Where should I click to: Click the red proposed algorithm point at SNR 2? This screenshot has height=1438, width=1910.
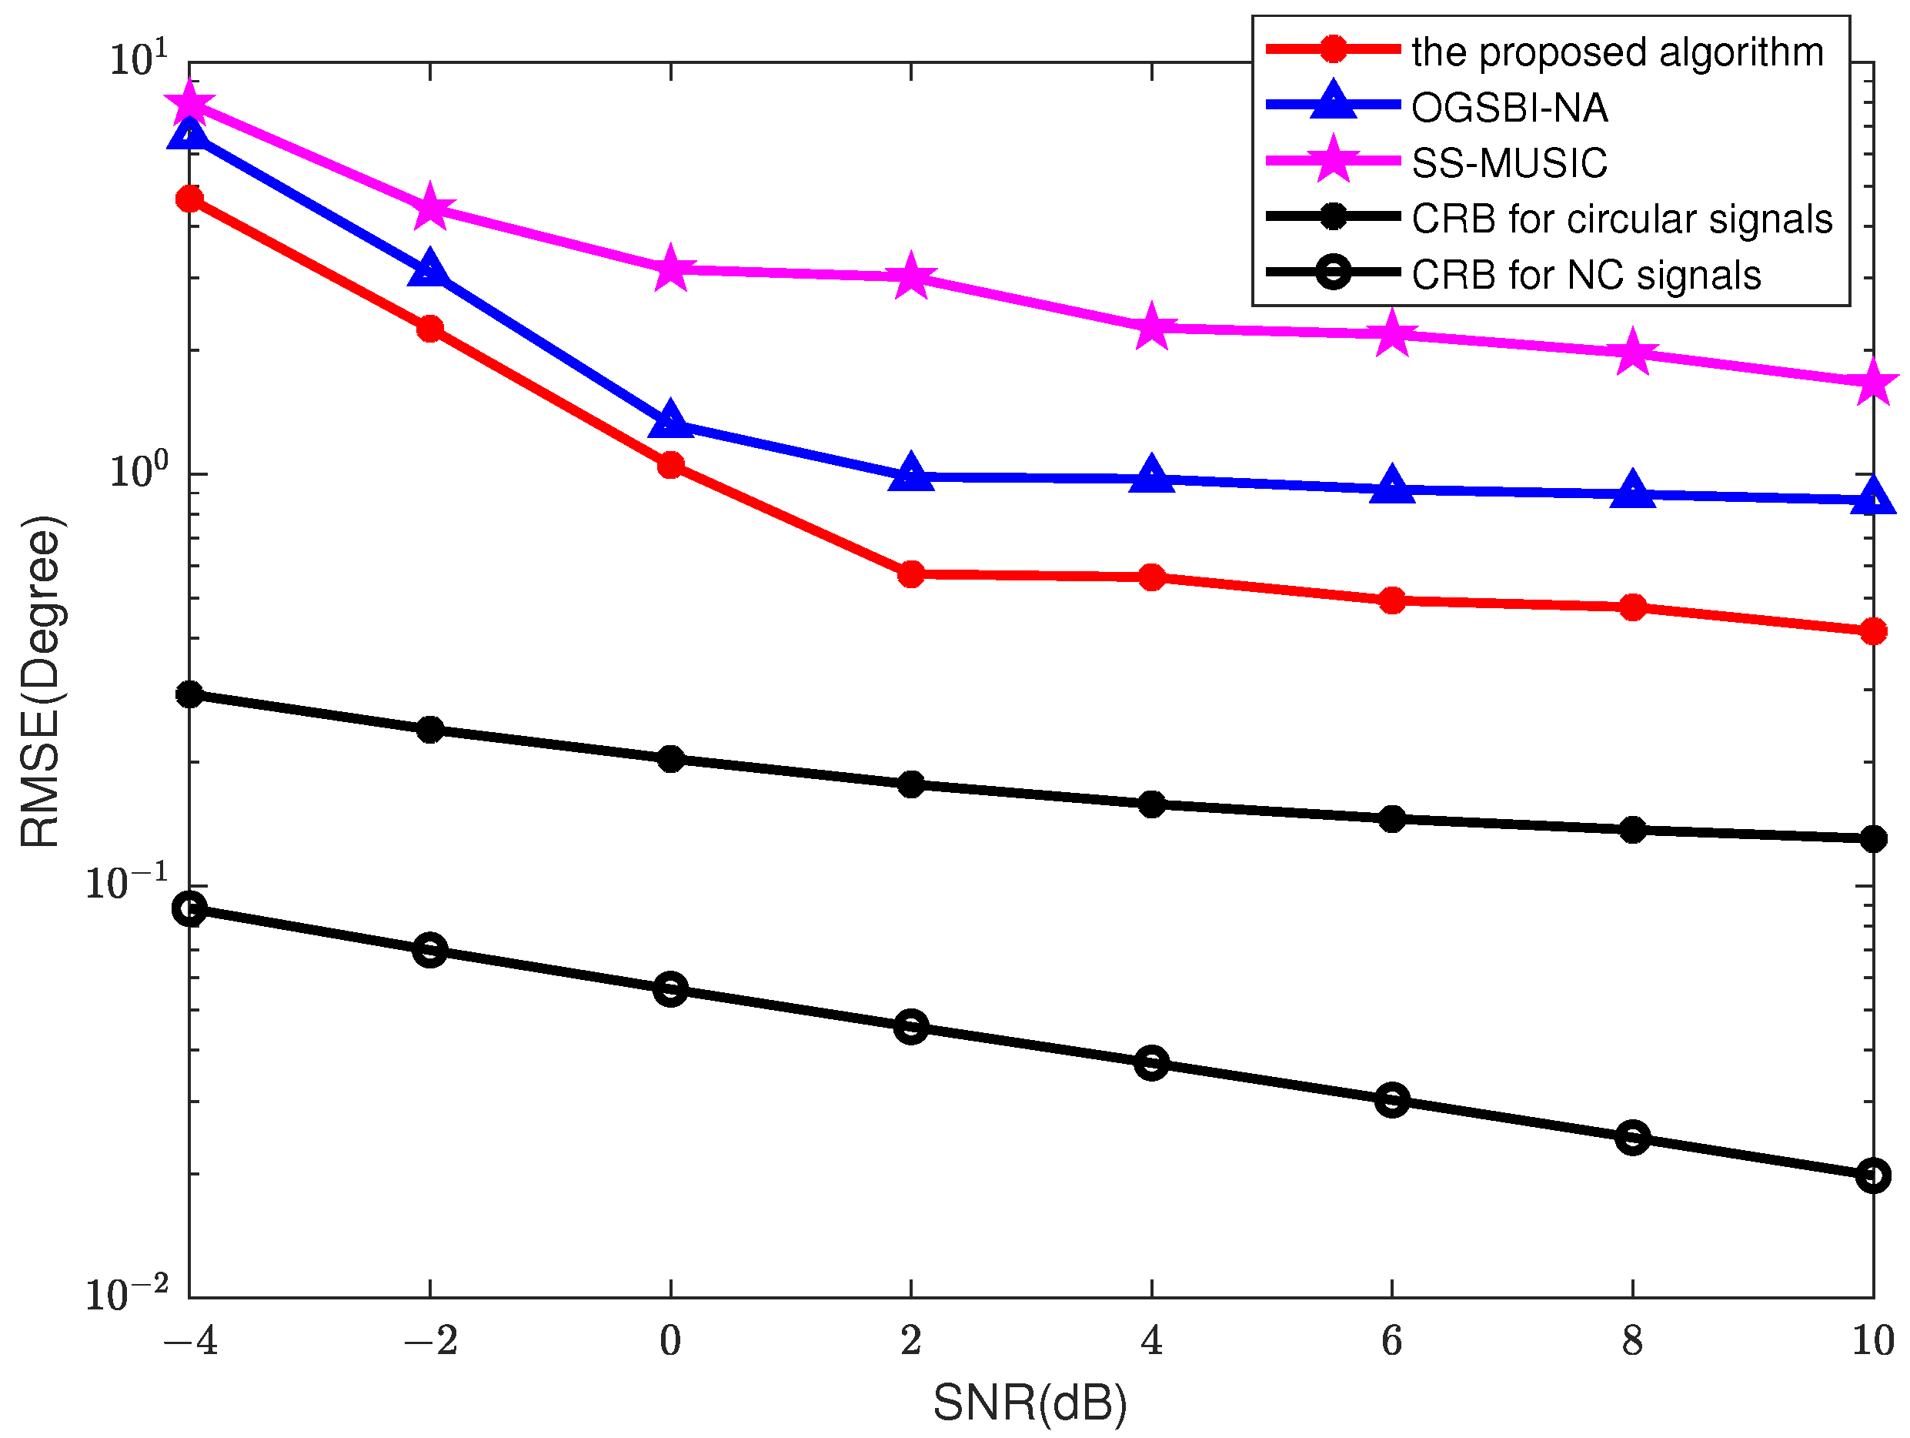[911, 574]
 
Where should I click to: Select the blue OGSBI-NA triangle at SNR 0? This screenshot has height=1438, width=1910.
[671, 421]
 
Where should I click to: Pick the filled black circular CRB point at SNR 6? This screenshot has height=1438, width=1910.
[1392, 818]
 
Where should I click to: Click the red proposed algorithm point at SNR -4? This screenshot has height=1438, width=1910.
[190, 199]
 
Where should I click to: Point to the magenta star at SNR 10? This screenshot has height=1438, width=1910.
[1873, 383]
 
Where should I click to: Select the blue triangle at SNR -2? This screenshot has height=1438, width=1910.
[430, 270]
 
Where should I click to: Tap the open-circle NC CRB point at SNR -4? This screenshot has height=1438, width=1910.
[190, 908]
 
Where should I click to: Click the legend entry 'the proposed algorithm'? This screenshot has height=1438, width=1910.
[1618, 52]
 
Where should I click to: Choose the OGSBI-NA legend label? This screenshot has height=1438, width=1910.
[1509, 108]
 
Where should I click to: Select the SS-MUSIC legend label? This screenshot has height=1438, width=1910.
[1509, 163]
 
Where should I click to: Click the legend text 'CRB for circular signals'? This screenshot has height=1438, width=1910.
[1621, 219]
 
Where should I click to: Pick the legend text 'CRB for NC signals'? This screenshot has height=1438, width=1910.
[1586, 276]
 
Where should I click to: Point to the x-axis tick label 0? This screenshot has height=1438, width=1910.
[671, 1340]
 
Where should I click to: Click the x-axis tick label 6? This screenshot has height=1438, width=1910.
[1392, 1340]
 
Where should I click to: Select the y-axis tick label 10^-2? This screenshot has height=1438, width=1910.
[127, 1294]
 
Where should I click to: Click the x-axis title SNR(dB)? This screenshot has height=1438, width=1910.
[1030, 1403]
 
